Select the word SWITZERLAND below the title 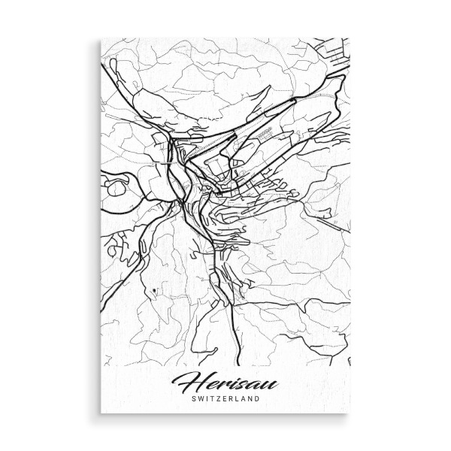pyautogui.click(x=225, y=400)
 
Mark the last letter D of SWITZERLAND pyautogui.click(x=261, y=400)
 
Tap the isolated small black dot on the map pyautogui.click(x=153, y=289)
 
